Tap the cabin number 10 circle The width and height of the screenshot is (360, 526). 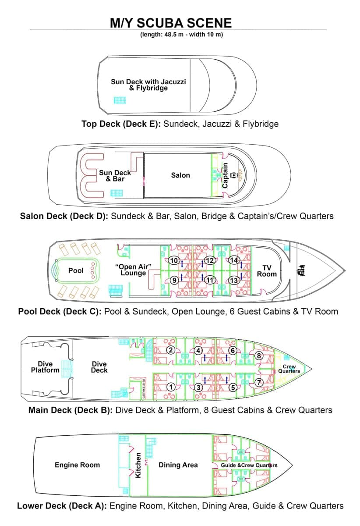174,261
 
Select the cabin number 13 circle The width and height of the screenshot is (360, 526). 234,280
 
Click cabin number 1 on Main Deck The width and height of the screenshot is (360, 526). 171,387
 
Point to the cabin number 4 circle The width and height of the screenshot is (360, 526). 198,351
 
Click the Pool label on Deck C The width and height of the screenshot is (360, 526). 76,270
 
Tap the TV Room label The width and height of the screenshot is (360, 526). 267,271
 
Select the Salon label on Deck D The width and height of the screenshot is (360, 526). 180,175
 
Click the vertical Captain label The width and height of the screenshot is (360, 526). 226,175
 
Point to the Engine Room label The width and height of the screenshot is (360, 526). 77,465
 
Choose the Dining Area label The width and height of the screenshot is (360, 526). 178,465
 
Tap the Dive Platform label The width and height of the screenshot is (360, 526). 45,367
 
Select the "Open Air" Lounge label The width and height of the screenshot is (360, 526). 133,270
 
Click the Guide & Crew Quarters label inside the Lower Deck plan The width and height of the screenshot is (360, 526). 249,465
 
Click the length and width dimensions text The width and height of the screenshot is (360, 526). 181,35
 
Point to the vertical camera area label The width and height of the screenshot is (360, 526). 144,389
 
